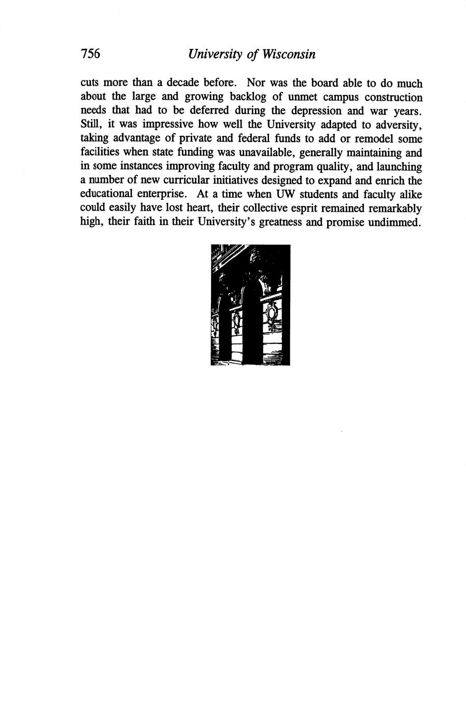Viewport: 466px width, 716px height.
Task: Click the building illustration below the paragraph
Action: (x=251, y=305)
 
